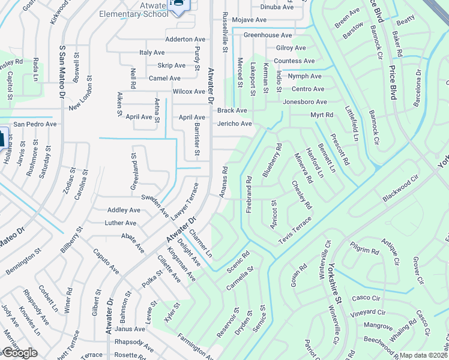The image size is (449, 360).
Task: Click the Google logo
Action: (19, 353)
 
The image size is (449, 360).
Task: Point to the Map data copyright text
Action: (423, 355)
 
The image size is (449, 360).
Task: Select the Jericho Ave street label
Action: (234, 124)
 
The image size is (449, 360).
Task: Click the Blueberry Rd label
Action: (271, 160)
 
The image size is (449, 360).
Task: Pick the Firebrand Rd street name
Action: (249, 193)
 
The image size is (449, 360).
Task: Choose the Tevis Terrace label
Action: (295, 231)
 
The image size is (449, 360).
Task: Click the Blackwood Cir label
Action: (400, 189)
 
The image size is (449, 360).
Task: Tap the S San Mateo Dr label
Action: (62, 73)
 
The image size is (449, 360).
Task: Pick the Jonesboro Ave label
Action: (305, 102)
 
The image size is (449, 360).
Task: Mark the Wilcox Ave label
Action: (188, 92)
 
